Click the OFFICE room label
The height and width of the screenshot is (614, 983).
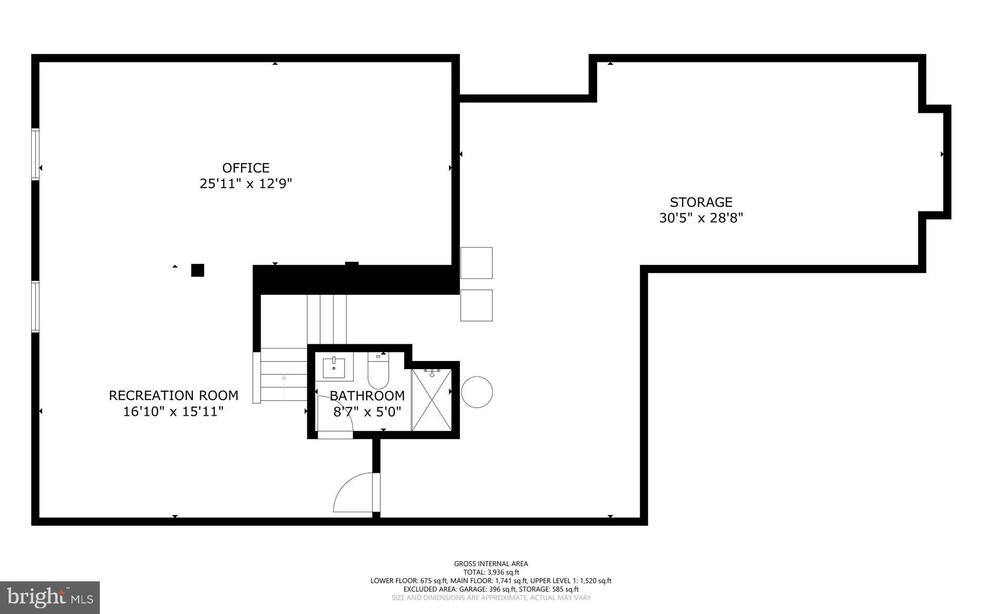tap(245, 168)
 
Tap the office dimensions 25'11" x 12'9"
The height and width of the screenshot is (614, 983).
tap(245, 184)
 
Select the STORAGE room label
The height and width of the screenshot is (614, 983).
tap(701, 202)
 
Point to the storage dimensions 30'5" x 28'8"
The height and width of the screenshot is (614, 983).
tap(701, 218)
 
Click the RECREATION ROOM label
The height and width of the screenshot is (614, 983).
tap(173, 396)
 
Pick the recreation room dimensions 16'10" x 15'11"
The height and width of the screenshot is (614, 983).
tap(173, 411)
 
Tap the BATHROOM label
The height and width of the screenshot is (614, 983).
tap(367, 396)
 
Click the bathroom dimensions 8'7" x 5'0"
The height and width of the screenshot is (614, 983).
tap(367, 411)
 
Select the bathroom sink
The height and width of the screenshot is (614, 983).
tap(334, 367)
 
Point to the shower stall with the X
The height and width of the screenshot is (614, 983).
tap(432, 400)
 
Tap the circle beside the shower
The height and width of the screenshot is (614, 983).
tap(477, 392)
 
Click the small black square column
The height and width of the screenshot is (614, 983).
tap(197, 270)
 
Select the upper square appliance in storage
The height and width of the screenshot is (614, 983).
tap(476, 263)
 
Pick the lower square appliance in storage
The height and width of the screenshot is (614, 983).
tap(476, 305)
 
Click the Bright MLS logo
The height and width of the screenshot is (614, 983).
tap(50, 597)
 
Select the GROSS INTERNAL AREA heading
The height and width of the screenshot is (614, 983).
tap(491, 564)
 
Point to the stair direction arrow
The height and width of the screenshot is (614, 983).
tap(284, 386)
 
